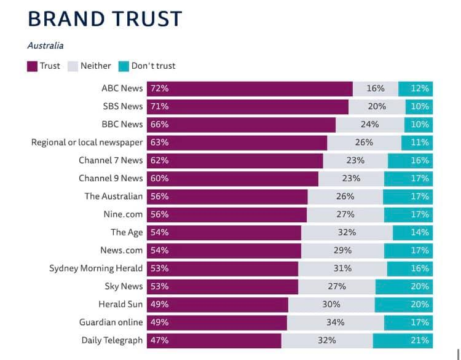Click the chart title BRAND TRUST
click(x=105, y=18)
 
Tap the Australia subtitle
click(x=45, y=45)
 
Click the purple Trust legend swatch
click(x=33, y=66)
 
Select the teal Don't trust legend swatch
click(x=124, y=66)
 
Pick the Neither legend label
click(x=96, y=66)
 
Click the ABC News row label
click(x=122, y=88)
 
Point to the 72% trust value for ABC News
click(x=159, y=88)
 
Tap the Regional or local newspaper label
click(x=87, y=143)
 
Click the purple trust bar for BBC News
click(x=246, y=124)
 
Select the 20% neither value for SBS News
click(x=377, y=106)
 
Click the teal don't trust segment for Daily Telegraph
click(x=403, y=340)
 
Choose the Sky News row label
click(x=123, y=286)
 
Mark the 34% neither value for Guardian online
click(x=336, y=323)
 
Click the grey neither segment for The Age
click(x=347, y=232)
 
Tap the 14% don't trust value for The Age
click(x=420, y=232)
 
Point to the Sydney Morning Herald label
click(x=96, y=268)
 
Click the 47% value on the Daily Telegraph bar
click(x=159, y=340)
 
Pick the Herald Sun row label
click(x=120, y=304)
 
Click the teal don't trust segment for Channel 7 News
click(x=410, y=160)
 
